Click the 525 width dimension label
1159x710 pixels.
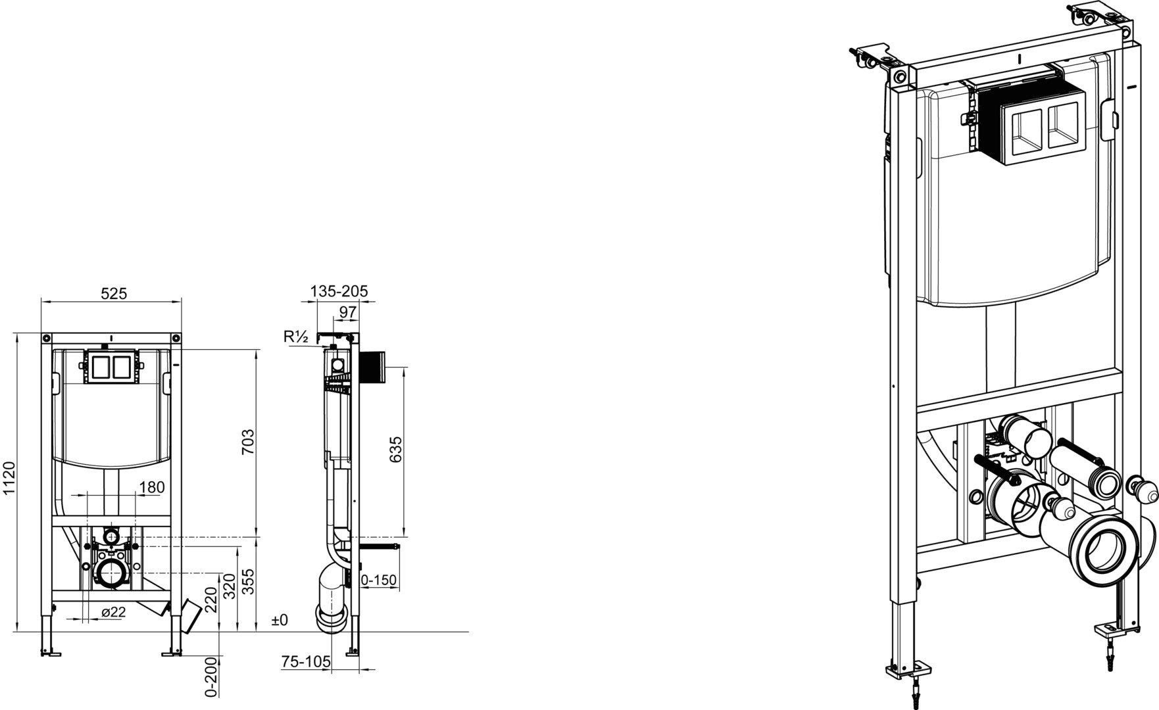pyautogui.click(x=113, y=293)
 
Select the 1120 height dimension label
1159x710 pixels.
pyautogui.click(x=9, y=479)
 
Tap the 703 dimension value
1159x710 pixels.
pyautogui.click(x=247, y=442)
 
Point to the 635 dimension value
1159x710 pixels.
pyautogui.click(x=395, y=450)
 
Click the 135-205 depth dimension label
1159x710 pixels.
pyautogui.click(x=339, y=291)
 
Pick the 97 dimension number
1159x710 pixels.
pyautogui.click(x=347, y=312)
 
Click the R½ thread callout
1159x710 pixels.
pyautogui.click(x=296, y=337)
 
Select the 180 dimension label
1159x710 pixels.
pyautogui.click(x=152, y=487)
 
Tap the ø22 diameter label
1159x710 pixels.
pyautogui.click(x=113, y=612)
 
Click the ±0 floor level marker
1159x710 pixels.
pyautogui.click(x=280, y=620)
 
